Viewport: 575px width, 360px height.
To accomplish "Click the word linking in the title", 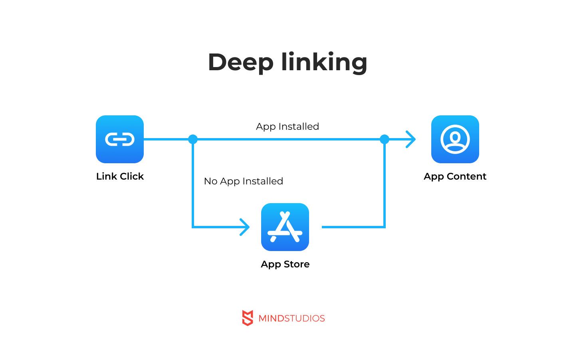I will (x=324, y=62).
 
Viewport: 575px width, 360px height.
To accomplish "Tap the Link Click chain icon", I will (x=120, y=139).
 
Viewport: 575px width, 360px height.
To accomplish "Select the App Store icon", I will (x=285, y=227).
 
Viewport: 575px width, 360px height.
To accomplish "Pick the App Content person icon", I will (x=455, y=139).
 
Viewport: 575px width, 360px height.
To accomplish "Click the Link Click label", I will (x=120, y=176).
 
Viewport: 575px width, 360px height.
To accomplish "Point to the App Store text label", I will (x=285, y=264).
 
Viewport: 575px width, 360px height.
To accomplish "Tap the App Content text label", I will (x=455, y=176).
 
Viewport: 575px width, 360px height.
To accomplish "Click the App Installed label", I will (x=287, y=127).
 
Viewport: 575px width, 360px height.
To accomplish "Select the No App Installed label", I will (x=244, y=181).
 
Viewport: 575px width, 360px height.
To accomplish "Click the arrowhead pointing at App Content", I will (x=411, y=139).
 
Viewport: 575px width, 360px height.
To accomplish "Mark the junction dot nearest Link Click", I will (x=193, y=139).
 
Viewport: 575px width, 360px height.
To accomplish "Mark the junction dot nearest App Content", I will (x=385, y=139).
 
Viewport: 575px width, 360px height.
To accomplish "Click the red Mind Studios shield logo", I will (x=248, y=318).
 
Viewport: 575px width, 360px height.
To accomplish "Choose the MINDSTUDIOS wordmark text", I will (x=291, y=318).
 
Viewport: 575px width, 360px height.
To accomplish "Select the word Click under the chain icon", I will (x=132, y=176).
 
